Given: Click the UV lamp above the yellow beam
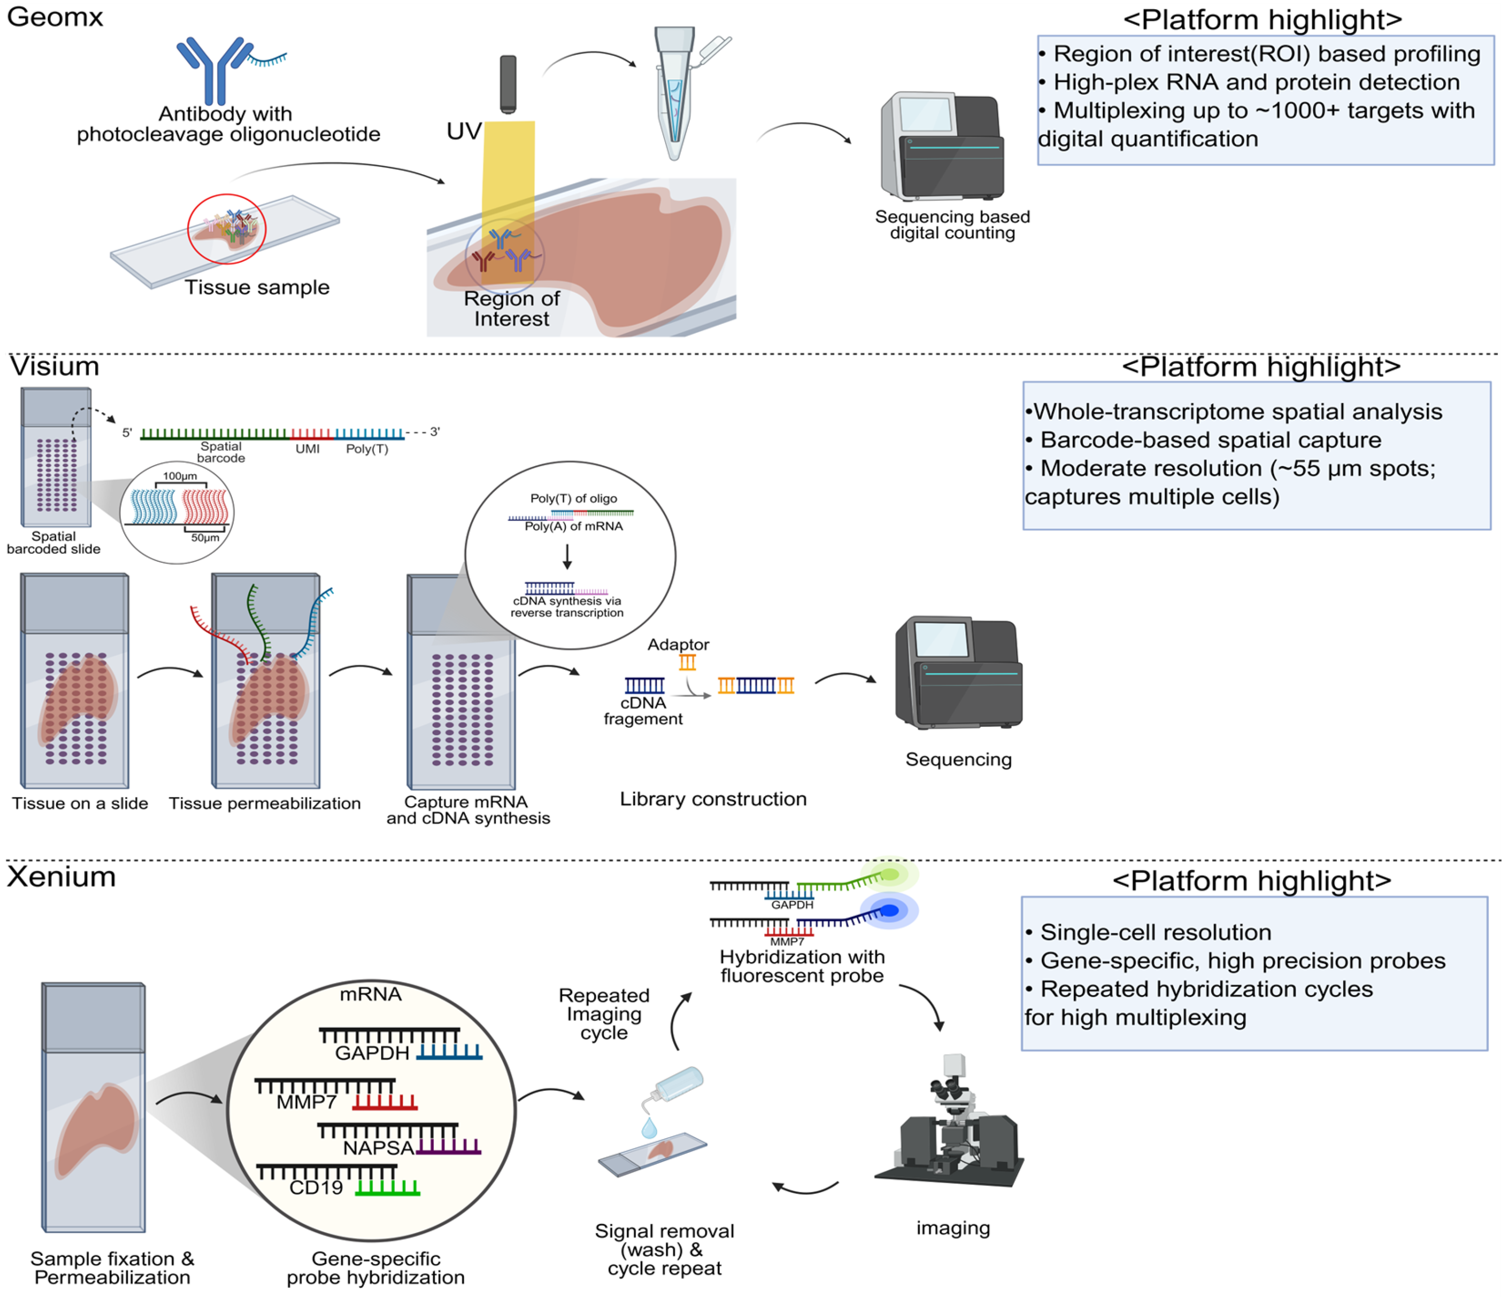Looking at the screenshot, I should coord(508,84).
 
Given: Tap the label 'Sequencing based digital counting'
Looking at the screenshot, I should coord(952,225).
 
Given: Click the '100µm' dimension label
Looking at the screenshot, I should coord(179,476).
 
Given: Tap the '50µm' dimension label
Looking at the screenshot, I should coord(205,538).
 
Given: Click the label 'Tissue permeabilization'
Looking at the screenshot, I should coord(265,804).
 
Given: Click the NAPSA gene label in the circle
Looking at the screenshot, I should coord(379,1149).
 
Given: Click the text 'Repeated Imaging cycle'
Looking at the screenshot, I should coord(604,1015).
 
